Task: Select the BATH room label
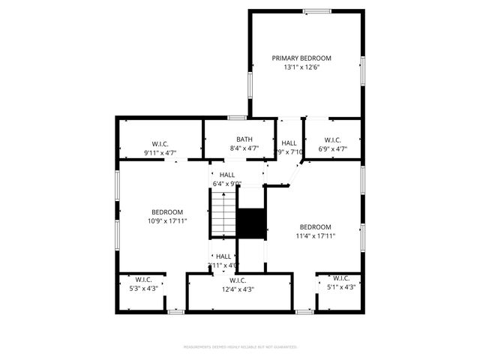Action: click(244, 139)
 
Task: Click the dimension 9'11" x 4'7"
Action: click(160, 153)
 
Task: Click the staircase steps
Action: click(223, 212)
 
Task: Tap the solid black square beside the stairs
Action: click(251, 223)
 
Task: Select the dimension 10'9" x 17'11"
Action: click(166, 220)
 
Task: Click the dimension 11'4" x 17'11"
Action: click(315, 236)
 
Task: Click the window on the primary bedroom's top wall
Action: click(316, 10)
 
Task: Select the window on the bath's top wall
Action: click(237, 117)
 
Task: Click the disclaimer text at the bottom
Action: click(240, 347)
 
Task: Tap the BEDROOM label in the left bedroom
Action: click(166, 211)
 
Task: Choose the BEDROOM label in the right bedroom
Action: click(315, 227)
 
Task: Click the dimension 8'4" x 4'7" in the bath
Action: click(244, 148)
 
